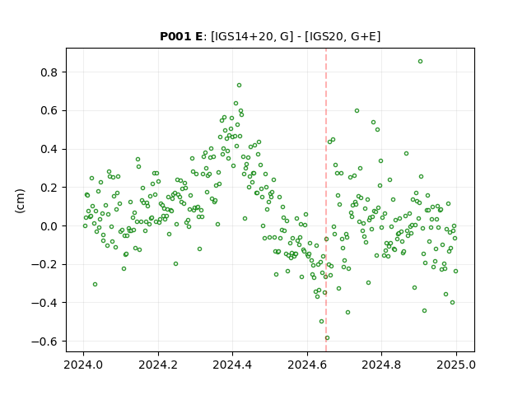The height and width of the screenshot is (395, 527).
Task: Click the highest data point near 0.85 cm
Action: [x=420, y=62]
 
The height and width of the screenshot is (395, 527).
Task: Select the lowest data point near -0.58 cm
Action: [x=328, y=338]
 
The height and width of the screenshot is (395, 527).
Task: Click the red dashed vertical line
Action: [x=326, y=200]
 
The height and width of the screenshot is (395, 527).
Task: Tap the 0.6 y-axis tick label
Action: [x=49, y=110]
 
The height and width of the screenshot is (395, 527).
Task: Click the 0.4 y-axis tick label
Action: [x=49, y=149]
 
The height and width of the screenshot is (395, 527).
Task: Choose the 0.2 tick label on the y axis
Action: [x=49, y=188]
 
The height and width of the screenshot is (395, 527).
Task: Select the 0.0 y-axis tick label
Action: [x=49, y=226]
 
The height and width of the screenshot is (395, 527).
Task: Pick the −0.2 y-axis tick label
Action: [x=45, y=264]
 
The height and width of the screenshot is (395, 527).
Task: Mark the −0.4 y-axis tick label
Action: [x=45, y=303]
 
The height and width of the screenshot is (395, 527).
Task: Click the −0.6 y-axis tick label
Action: [x=45, y=342]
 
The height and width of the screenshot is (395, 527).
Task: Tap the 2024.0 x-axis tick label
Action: [x=83, y=365]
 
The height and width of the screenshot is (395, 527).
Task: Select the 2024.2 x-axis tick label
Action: [x=158, y=365]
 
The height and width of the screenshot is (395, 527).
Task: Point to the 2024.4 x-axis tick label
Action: [x=232, y=365]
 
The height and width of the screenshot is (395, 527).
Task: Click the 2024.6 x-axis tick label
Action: [x=307, y=365]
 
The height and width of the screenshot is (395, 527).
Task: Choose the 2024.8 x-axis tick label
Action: [x=381, y=365]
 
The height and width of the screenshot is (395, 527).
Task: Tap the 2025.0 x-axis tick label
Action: [x=456, y=365]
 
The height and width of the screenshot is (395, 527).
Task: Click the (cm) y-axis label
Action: [x=20, y=201]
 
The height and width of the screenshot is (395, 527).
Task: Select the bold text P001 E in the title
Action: [x=181, y=36]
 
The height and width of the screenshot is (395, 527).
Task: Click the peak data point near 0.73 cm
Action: [x=239, y=86]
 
